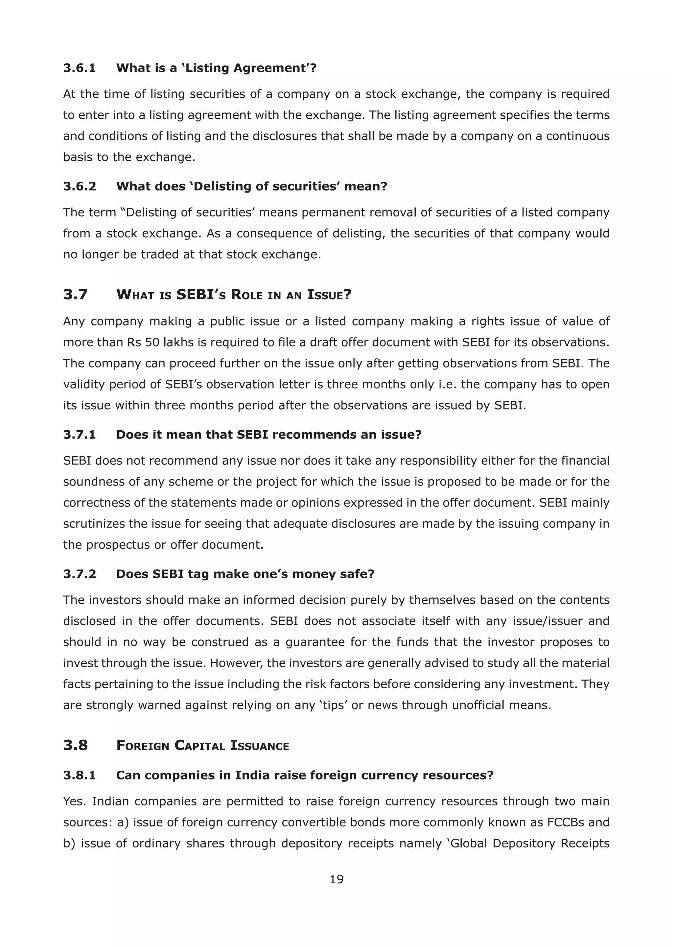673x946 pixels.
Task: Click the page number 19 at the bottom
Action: (336, 879)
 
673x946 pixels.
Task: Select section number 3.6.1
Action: (80, 68)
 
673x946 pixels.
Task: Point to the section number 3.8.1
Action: (80, 775)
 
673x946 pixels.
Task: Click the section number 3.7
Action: (76, 295)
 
